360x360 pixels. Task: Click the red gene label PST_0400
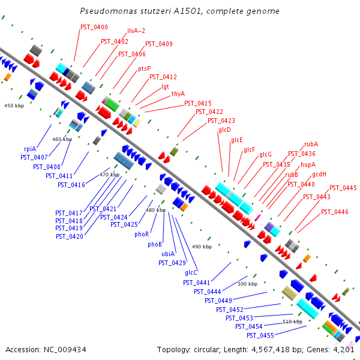pos(94,28)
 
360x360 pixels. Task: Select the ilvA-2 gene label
pos(136,31)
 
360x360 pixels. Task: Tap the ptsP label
pos(145,68)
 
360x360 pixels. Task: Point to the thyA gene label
pos(178,94)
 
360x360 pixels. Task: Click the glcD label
pos(224,130)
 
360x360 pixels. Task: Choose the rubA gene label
pos(311,144)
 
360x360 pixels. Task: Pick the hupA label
pos(308,164)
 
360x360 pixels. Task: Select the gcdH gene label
pos(319,174)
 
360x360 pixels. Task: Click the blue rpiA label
pos(30,149)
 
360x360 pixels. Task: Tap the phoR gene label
pos(142,235)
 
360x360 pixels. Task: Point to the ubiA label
pos(168,254)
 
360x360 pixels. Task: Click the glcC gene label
pos(191,273)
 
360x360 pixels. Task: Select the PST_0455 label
pos(260,335)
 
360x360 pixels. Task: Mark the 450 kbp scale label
pos(14,106)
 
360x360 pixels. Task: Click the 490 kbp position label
pos(202,247)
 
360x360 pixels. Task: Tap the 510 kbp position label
pos(293,322)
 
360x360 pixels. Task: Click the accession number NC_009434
pos(65,350)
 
